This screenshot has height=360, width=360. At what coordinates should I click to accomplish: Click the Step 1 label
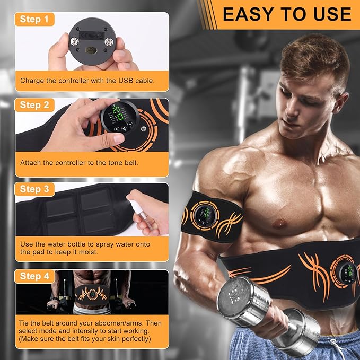[37, 20]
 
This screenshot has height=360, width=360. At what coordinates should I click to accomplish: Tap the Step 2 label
[37, 105]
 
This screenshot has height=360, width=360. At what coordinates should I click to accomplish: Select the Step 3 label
[37, 189]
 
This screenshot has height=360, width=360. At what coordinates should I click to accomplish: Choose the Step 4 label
[37, 276]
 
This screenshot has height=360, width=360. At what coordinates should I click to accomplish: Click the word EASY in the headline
[247, 14]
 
